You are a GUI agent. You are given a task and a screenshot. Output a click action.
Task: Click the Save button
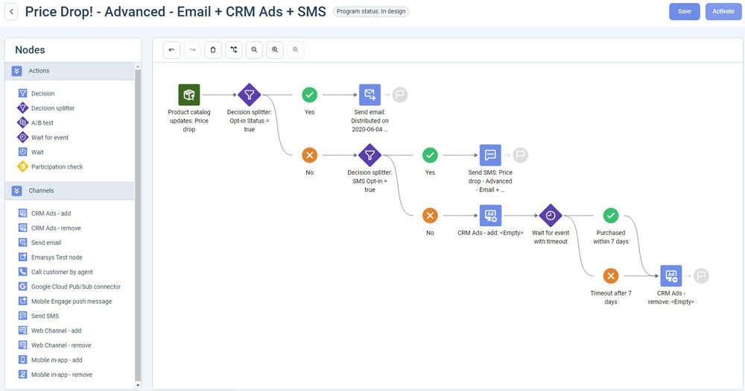684,11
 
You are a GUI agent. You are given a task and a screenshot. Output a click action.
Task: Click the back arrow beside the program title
11,12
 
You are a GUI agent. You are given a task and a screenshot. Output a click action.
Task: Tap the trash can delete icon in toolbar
213,49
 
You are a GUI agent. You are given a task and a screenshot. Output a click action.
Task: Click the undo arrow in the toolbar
171,49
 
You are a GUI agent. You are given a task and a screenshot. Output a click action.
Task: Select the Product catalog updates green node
189,95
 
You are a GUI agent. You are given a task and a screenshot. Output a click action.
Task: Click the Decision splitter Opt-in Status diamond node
250,95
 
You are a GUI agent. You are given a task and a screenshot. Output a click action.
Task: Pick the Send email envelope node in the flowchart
370,95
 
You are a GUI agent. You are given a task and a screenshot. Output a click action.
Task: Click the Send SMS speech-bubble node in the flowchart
490,155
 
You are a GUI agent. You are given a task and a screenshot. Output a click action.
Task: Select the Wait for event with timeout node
551,216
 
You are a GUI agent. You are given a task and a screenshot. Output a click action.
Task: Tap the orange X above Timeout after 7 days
611,276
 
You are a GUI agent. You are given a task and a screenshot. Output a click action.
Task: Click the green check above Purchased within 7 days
611,216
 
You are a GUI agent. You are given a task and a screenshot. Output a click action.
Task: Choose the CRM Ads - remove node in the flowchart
671,276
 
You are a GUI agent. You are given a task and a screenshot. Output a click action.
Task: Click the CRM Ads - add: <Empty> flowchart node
490,216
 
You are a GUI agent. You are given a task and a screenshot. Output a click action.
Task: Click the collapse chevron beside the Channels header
16,191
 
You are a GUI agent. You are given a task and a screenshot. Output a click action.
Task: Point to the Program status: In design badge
371,11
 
